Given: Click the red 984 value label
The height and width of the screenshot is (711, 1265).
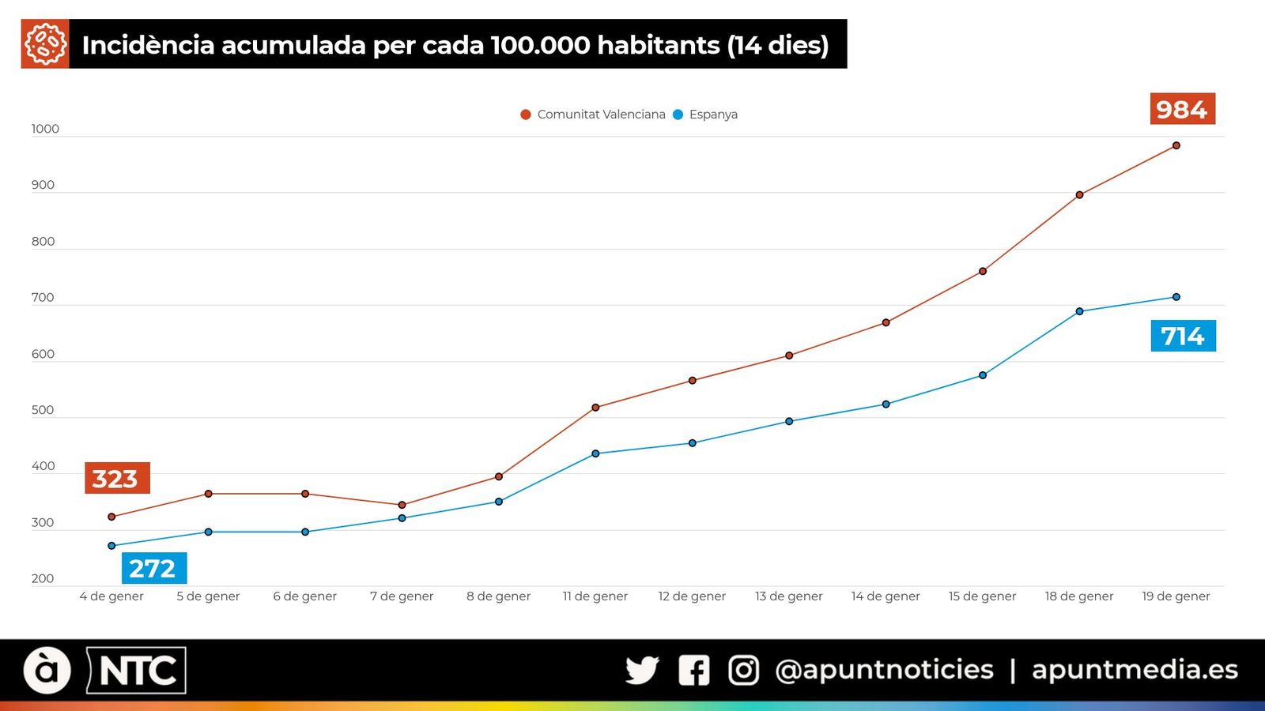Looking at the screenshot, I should [x=1182, y=109].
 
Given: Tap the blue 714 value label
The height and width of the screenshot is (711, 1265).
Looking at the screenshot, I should [x=1183, y=336].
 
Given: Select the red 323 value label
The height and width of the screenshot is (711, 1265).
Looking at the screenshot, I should [x=116, y=479].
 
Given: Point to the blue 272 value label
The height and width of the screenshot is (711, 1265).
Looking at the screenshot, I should [x=153, y=568].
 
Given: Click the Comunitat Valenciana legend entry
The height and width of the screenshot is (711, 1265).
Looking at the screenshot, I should [x=593, y=115].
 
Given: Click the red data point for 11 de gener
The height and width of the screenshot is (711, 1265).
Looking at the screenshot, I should [x=595, y=408].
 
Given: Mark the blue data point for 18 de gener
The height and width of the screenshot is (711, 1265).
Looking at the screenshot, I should [x=1079, y=311].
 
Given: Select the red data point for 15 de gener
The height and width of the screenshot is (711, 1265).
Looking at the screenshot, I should [x=983, y=271].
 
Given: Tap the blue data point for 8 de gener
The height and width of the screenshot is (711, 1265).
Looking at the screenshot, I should [x=499, y=502].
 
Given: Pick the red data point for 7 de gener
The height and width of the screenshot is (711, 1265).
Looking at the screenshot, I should [x=402, y=505].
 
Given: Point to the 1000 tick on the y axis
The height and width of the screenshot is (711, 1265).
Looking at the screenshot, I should [x=45, y=129].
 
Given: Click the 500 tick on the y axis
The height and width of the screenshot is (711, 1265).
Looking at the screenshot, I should [x=43, y=410].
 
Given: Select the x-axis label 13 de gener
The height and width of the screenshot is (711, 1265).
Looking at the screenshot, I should [x=788, y=596].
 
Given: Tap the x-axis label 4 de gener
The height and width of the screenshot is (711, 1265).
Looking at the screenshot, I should [x=111, y=596].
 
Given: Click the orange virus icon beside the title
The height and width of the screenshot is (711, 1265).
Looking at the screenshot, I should [x=45, y=44].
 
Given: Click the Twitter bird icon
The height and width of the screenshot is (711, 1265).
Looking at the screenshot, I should [x=642, y=670].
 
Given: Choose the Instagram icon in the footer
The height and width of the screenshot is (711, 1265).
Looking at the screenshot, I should [x=743, y=670].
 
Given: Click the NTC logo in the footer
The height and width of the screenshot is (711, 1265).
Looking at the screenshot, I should [x=137, y=671].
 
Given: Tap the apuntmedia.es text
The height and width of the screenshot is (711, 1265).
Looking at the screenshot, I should [x=1135, y=670].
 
